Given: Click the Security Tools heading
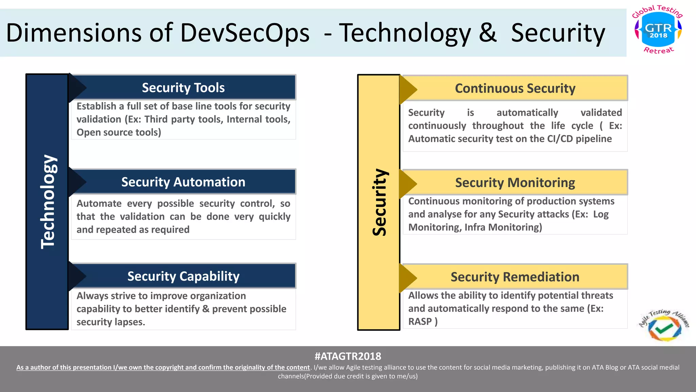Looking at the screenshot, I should click(x=183, y=88).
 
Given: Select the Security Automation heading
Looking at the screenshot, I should click(x=183, y=182).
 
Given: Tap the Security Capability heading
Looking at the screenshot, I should click(x=183, y=276).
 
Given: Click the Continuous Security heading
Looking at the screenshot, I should click(x=515, y=88).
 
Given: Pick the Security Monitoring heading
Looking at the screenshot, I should click(x=515, y=183).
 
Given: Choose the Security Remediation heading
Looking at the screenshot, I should click(x=515, y=277).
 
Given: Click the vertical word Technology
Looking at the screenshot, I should click(x=48, y=201).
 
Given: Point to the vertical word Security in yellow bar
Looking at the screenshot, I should click(x=379, y=202).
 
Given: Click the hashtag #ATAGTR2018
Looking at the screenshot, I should click(x=348, y=356).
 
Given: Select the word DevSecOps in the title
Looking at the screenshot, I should click(x=245, y=33).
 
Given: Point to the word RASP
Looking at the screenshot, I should click(x=420, y=322).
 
